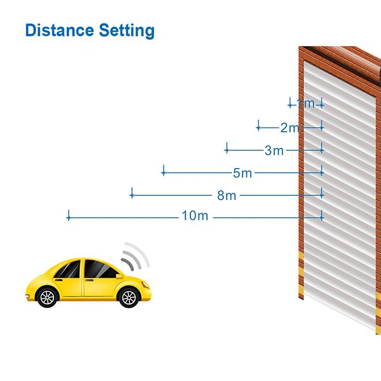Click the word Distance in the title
pyautogui.click(x=59, y=30)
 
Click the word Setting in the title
pyautogui.click(x=127, y=31)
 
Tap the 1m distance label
pyautogui.click(x=306, y=103)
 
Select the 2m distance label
pyautogui.click(x=290, y=128)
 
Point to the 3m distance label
pyautogui.click(x=274, y=150)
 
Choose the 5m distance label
pyautogui.click(x=242, y=173)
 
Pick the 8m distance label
pyautogui.click(x=226, y=195)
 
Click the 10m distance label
pyautogui.click(x=195, y=216)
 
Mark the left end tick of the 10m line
pyautogui.click(x=69, y=216)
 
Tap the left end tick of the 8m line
pyautogui.click(x=132, y=193)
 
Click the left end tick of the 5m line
pyautogui.click(x=163, y=170)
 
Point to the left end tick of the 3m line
pyautogui.click(x=227, y=148)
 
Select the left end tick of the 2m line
pyautogui.click(x=259, y=125)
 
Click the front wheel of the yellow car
pyautogui.click(x=129, y=297)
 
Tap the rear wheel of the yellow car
pyautogui.click(x=47, y=297)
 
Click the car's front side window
pyautogui.click(x=99, y=269)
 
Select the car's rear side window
pyautogui.click(x=69, y=269)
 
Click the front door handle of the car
pyautogui.click(x=89, y=280)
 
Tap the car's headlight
pyautogui.click(x=145, y=285)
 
